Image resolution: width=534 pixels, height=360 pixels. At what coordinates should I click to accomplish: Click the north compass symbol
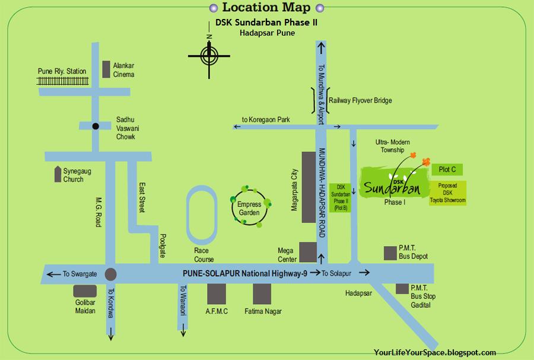coord(209,56)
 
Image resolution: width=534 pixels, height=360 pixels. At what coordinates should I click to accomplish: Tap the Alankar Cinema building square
coord(107,69)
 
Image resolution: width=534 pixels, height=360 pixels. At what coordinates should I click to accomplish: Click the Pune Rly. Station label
coord(62,71)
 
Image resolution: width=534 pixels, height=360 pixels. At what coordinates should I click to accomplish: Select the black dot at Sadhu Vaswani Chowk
coord(95,126)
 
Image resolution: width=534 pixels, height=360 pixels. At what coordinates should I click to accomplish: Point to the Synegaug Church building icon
coord(57,174)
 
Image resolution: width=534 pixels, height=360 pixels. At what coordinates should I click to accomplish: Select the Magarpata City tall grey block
coord(309,187)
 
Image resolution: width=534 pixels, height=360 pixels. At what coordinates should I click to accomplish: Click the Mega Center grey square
coord(307,251)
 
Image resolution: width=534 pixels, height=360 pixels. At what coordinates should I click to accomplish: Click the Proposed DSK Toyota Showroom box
coord(448,193)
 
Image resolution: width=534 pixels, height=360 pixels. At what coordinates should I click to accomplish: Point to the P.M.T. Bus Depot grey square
coord(390,253)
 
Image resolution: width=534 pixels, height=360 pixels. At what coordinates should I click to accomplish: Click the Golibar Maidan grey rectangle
coord(85,291)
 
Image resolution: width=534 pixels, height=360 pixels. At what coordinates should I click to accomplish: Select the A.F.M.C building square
coord(217,293)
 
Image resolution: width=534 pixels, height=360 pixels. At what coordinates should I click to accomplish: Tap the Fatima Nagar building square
coord(262,293)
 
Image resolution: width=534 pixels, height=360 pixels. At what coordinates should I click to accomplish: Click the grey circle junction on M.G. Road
coord(110,274)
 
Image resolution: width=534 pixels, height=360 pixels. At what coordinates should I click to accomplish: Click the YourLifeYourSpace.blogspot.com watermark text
coord(435,352)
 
